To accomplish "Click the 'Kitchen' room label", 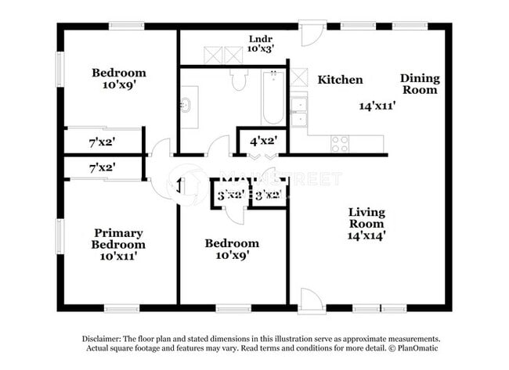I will (x=340, y=80).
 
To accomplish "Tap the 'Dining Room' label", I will (x=420, y=84).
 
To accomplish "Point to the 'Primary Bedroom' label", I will (x=118, y=239).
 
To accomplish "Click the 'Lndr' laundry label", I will (x=259, y=38).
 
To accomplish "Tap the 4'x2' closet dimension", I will (x=262, y=142).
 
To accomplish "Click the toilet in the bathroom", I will (x=240, y=78).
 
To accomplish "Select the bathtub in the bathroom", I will (x=273, y=98).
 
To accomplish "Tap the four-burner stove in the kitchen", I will (x=340, y=143).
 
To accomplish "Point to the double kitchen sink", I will (x=298, y=111).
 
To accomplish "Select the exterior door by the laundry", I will (x=311, y=34).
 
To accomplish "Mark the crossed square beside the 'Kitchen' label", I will (x=298, y=77).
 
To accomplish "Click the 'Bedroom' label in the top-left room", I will (x=118, y=74).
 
